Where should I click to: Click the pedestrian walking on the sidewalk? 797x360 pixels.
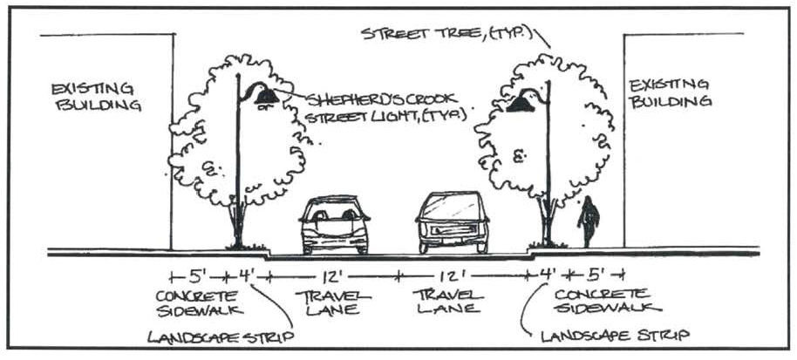point(589,221)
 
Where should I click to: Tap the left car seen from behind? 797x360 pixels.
point(334,225)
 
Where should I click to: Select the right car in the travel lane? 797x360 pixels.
point(451,223)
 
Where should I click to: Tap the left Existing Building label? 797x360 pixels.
point(96,97)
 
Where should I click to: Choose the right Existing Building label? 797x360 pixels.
point(671,92)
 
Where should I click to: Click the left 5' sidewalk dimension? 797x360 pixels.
point(198,276)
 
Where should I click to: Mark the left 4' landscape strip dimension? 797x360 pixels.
point(247,277)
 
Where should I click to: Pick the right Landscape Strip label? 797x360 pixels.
point(615,335)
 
